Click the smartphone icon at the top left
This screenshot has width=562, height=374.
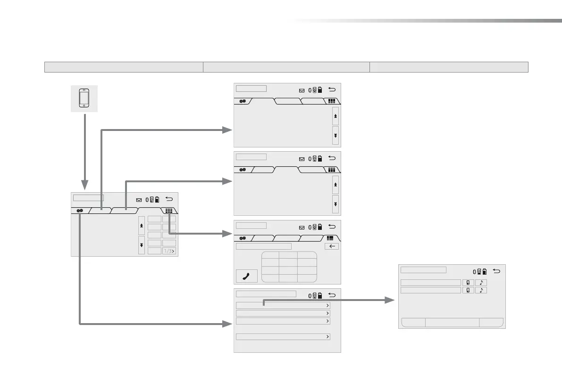click(84, 98)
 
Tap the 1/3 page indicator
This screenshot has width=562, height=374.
click(169, 251)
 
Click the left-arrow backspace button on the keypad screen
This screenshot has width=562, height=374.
click(332, 246)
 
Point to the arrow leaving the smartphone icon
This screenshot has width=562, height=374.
click(84, 151)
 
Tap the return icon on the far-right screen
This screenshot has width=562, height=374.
click(496, 271)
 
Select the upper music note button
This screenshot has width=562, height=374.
click(481, 283)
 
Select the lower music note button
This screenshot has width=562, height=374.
click(481, 290)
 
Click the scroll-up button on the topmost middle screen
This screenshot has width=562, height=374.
click(335, 115)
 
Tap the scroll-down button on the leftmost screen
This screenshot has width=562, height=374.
click(142, 245)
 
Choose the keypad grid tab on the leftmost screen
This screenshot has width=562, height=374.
click(168, 211)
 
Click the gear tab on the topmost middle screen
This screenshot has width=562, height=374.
click(243, 101)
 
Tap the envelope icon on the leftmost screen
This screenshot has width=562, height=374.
click(139, 200)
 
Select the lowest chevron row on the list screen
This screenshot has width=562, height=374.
click(283, 337)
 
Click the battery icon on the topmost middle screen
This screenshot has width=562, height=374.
click(320, 89)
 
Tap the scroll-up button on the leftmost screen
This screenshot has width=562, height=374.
click(142, 226)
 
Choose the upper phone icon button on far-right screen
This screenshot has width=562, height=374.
click(468, 283)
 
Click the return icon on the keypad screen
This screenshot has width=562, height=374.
click(332, 227)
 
